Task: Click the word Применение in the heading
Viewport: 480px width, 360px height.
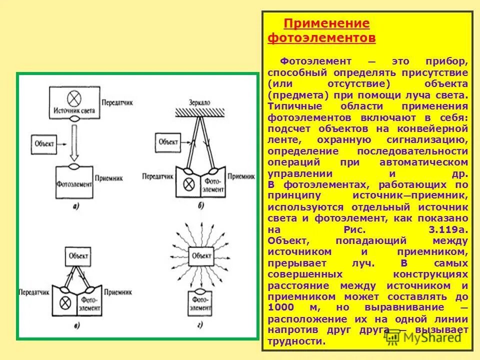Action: (326, 23)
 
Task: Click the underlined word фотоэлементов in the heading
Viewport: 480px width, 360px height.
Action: (321, 37)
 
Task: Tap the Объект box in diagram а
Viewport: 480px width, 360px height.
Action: (44, 143)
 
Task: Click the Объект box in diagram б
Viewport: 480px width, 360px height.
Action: (168, 141)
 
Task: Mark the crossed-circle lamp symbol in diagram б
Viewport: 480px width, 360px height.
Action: (189, 183)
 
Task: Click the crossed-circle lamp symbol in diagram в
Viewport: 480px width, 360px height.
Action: (64, 301)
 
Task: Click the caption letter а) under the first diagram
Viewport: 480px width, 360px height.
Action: (75, 205)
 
